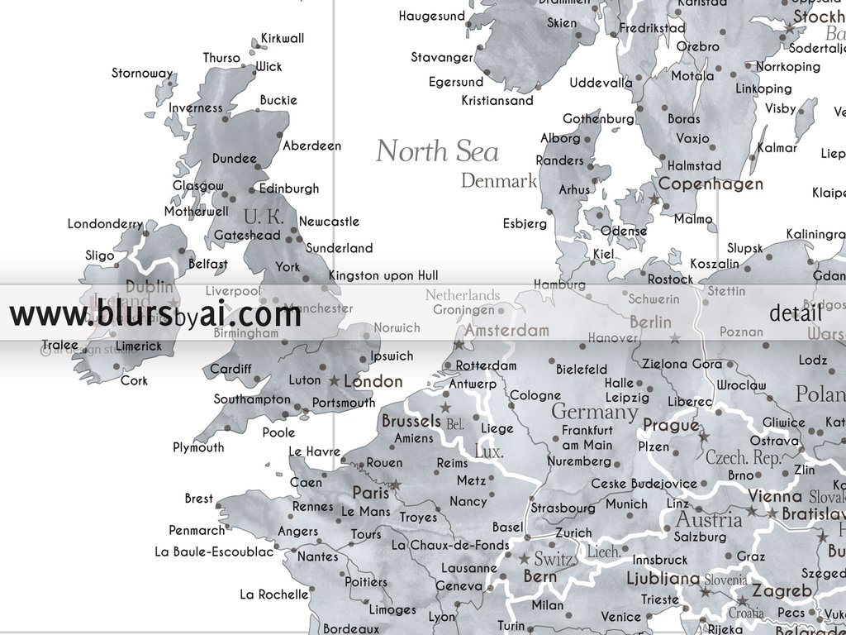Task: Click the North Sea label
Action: (437, 151)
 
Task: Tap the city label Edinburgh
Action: (288, 189)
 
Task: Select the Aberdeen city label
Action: (311, 146)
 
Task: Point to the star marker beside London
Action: (334, 381)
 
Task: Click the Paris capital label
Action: (370, 493)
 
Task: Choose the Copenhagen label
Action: (710, 184)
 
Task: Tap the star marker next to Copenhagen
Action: (654, 199)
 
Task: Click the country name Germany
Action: (594, 411)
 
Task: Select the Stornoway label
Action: (142, 73)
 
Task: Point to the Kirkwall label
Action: (283, 38)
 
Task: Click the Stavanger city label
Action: (442, 57)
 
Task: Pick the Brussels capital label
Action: (411, 421)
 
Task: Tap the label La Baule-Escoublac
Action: (213, 551)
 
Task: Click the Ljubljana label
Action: (663, 578)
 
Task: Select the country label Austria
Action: (709, 520)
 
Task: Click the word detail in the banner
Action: (795, 313)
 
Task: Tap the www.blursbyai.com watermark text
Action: (154, 315)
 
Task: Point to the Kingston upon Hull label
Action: (383, 275)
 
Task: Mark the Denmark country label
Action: (498, 180)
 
